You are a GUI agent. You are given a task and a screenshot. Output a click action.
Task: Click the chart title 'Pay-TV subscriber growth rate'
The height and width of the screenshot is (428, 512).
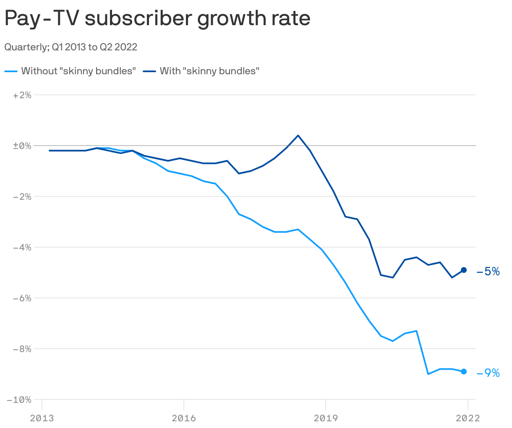pyautogui.click(x=157, y=18)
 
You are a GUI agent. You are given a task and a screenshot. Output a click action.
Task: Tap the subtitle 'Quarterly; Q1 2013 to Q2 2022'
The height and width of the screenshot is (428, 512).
pyautogui.click(x=71, y=47)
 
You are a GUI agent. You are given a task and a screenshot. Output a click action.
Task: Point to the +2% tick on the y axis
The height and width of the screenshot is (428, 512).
pyautogui.click(x=22, y=95)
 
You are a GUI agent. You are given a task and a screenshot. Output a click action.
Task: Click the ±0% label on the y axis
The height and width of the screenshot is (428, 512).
pyautogui.click(x=22, y=146)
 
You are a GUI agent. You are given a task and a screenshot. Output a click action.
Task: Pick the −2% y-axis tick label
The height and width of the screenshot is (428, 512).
pyautogui.click(x=22, y=197)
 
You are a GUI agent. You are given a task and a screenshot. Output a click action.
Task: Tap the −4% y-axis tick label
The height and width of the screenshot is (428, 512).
pyautogui.click(x=22, y=248)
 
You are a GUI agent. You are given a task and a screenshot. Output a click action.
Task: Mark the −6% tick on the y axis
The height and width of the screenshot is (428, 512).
pyautogui.click(x=22, y=298)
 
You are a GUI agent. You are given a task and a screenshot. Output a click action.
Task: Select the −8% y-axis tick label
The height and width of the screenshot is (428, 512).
pyautogui.click(x=22, y=349)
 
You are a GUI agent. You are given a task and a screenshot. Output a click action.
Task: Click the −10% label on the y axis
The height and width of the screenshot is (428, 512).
pyautogui.click(x=20, y=400)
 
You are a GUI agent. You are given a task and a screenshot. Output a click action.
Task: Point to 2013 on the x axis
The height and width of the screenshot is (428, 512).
pyautogui.click(x=42, y=418)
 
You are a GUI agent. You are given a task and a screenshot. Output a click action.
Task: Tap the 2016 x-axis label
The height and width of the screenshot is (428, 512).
pyautogui.click(x=184, y=418)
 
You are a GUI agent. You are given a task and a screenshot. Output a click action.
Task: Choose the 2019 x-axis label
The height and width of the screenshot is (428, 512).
pyautogui.click(x=326, y=418)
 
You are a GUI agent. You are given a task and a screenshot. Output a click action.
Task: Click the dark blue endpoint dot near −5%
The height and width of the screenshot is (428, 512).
pyautogui.click(x=464, y=270)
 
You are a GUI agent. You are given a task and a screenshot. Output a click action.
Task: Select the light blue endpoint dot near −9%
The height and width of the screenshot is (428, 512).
pyautogui.click(x=464, y=371)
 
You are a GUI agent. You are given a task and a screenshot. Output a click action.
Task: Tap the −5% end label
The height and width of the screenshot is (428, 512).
pyautogui.click(x=488, y=271)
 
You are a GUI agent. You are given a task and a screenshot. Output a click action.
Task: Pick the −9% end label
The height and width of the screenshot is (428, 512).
pyautogui.click(x=488, y=373)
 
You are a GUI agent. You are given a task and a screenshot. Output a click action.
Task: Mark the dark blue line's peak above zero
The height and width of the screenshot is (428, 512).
pyautogui.click(x=298, y=136)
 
